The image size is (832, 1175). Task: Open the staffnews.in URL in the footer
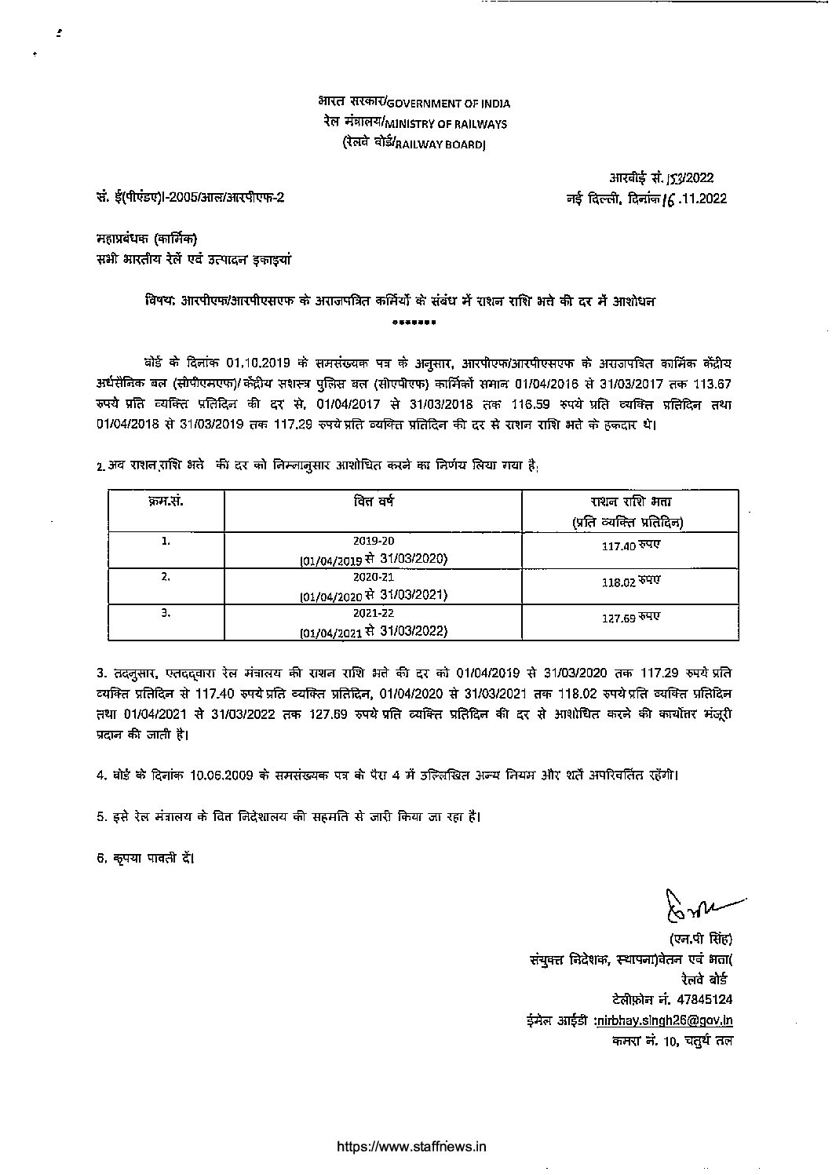[x=411, y=1146]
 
